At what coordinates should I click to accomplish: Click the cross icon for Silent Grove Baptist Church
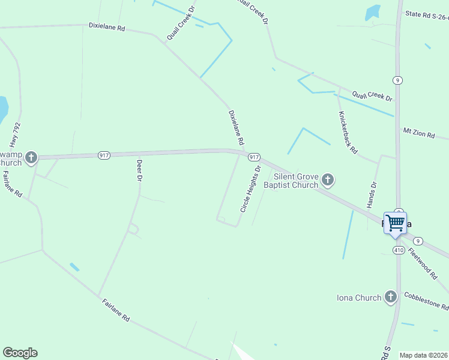click(327, 179)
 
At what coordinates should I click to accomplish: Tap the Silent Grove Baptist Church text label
click(295, 181)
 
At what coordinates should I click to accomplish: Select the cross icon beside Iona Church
click(390, 296)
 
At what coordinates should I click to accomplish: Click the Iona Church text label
click(359, 298)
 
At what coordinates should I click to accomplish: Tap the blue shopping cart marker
click(395, 223)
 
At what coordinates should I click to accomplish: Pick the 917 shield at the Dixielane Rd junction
click(254, 157)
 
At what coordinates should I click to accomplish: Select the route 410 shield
click(399, 250)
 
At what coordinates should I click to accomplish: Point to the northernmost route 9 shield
click(397, 80)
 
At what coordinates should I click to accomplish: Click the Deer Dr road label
click(139, 170)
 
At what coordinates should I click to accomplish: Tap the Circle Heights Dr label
click(251, 189)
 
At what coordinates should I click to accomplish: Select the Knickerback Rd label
click(348, 132)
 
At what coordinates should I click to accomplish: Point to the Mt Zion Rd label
click(418, 133)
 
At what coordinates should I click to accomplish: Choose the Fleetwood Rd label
click(423, 263)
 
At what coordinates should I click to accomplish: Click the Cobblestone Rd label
click(426, 300)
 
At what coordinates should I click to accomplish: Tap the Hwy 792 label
click(15, 136)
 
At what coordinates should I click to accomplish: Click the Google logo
click(20, 353)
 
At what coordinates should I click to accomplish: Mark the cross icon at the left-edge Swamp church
click(31, 158)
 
